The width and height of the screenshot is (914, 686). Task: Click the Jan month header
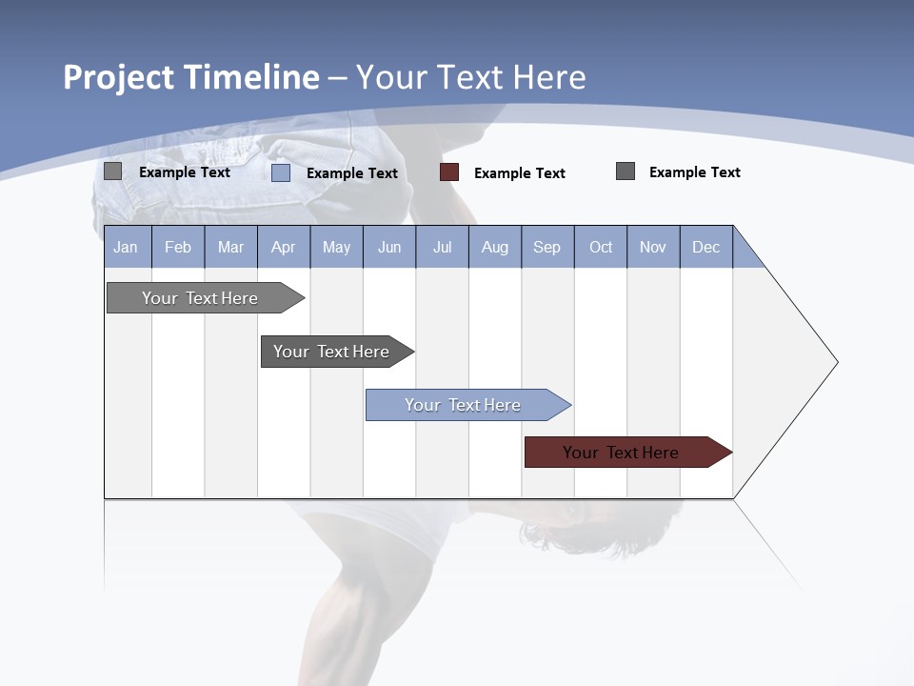(x=127, y=247)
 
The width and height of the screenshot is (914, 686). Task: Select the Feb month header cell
(x=178, y=247)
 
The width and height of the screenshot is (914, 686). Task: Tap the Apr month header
(x=284, y=247)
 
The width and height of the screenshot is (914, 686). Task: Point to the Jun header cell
(x=389, y=247)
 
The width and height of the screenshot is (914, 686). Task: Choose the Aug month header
(x=495, y=247)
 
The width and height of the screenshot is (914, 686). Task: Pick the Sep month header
(x=547, y=247)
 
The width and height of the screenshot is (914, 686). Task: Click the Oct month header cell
(x=601, y=247)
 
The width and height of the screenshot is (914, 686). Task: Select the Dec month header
(x=706, y=247)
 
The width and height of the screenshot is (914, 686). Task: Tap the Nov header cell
(x=653, y=247)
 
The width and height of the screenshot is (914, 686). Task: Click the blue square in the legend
(x=281, y=172)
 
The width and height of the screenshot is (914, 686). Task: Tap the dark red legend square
(x=449, y=172)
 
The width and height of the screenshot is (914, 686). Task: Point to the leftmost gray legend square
(x=113, y=171)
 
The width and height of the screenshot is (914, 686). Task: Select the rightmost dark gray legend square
(x=626, y=171)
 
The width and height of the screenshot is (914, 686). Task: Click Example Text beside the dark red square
(x=520, y=173)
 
